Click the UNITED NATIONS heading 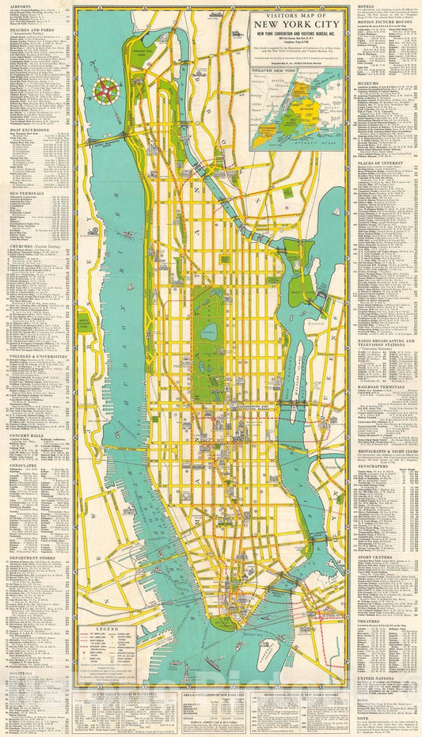click(378, 677)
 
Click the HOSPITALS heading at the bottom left click(25, 686)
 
